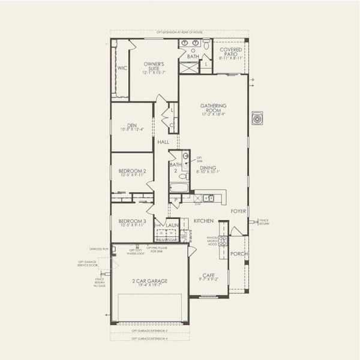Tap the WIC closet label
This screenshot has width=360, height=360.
[x=122, y=68]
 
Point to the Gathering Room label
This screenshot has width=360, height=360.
[x=213, y=109]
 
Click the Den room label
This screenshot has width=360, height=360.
[x=132, y=126]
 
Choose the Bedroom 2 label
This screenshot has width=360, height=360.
[x=132, y=172]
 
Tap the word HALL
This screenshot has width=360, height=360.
[x=163, y=142]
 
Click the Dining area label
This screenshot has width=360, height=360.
[x=208, y=169]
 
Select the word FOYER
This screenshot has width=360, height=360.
[x=238, y=211]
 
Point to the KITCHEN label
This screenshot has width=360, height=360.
[x=203, y=221]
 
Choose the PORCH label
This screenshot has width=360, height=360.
[x=238, y=254]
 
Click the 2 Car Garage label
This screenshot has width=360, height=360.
[x=151, y=281]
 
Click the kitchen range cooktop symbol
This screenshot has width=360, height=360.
[x=222, y=241]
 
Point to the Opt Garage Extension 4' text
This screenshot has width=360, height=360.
[x=151, y=338]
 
